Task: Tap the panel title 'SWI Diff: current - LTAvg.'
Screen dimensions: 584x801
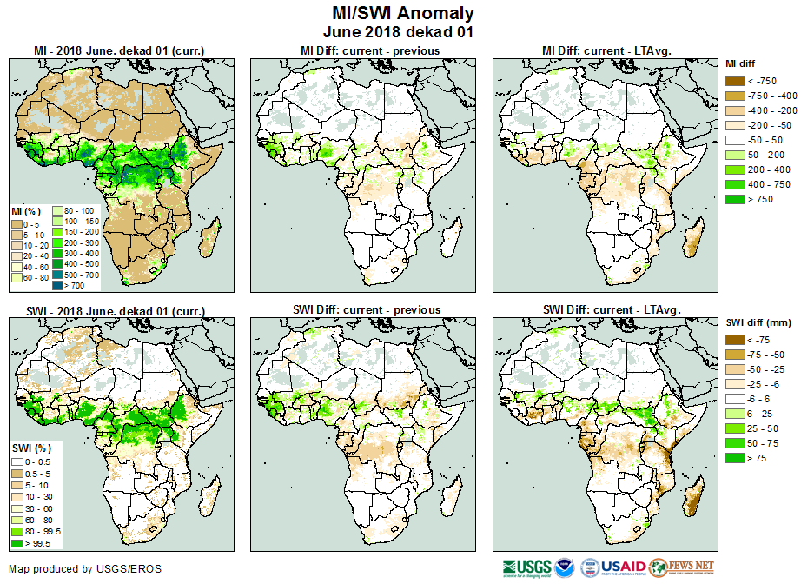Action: pos(610,309)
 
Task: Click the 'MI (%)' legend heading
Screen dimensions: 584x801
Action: pos(23,211)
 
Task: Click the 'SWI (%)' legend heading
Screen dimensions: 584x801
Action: pos(26,448)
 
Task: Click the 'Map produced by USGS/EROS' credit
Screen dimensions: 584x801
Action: pos(85,569)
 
